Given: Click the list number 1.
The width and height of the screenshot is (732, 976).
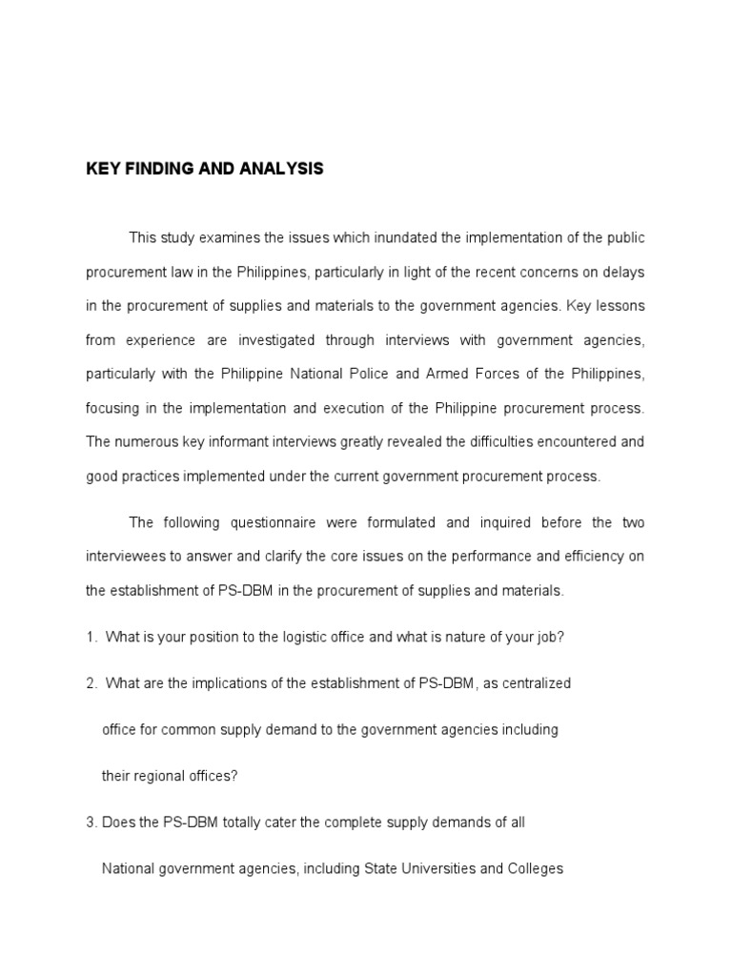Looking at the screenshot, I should click(90, 637).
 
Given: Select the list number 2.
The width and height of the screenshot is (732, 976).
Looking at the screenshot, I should click(90, 682).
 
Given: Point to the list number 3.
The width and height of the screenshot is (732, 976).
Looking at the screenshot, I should click(90, 823).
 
